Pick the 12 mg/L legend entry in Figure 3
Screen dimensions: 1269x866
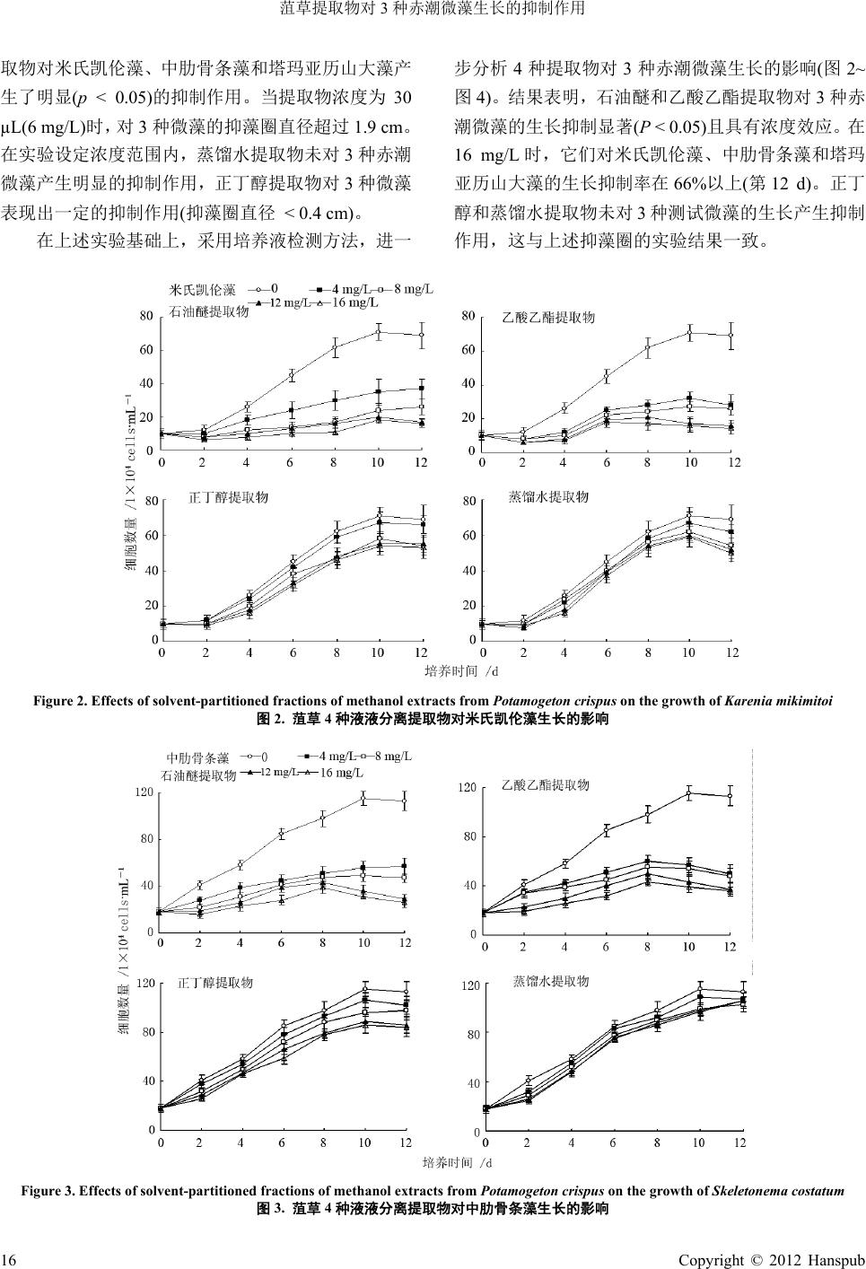278,773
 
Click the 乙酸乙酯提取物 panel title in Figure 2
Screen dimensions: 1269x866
547,318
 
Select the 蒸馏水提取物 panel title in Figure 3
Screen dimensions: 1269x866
549,982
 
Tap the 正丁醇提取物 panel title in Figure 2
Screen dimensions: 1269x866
229,497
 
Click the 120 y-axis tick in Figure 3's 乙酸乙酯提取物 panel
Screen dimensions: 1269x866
467,788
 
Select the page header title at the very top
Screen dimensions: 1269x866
433,10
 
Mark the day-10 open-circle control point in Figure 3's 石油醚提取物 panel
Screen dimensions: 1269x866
363,799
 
